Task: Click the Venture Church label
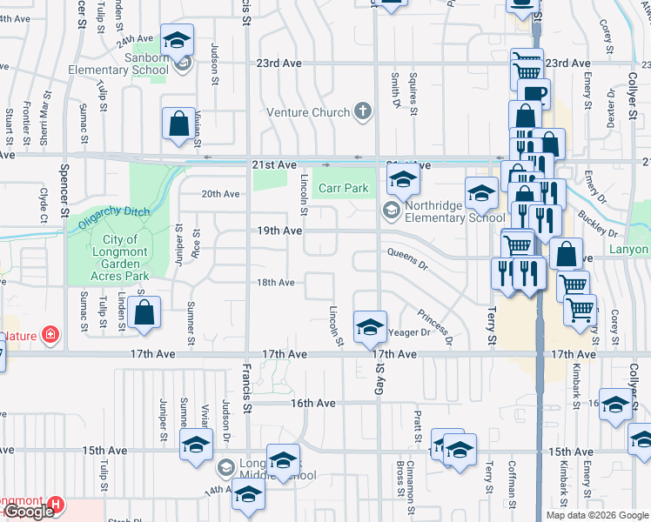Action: tap(306, 112)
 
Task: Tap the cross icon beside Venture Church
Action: tap(363, 111)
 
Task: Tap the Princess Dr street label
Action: tap(434, 327)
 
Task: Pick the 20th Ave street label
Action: tap(220, 194)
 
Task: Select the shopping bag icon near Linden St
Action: tap(146, 312)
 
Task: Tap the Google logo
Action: tap(29, 512)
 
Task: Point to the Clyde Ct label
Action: tap(43, 200)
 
